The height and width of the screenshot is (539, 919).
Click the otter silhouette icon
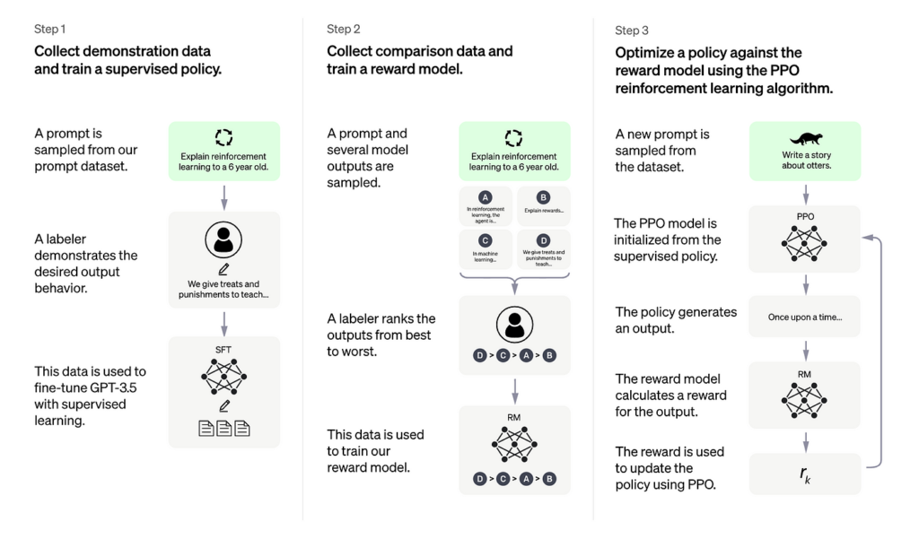pyautogui.click(x=805, y=139)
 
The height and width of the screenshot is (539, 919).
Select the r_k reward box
pyautogui.click(x=805, y=474)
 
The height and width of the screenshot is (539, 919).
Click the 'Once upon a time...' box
pyautogui.click(x=805, y=317)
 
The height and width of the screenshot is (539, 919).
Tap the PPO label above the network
pyautogui.click(x=805, y=216)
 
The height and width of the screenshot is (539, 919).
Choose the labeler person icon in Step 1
pyautogui.click(x=223, y=239)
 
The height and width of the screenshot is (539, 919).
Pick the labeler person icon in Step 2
pyautogui.click(x=514, y=324)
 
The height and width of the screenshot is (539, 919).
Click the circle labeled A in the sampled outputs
pyautogui.click(x=486, y=196)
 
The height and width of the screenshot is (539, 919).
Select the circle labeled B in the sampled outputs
pyautogui.click(x=543, y=196)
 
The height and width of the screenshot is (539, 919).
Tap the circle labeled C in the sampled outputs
pyautogui.click(x=486, y=239)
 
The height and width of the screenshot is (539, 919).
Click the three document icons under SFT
pyautogui.click(x=223, y=429)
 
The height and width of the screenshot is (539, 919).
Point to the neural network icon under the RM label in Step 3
pyautogui.click(x=805, y=396)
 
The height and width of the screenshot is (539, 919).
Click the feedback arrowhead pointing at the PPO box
pyautogui.click(x=865, y=237)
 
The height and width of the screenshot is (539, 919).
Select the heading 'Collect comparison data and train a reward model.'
pyautogui.click(x=419, y=59)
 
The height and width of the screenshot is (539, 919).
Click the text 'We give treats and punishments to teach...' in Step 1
pyautogui.click(x=223, y=290)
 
